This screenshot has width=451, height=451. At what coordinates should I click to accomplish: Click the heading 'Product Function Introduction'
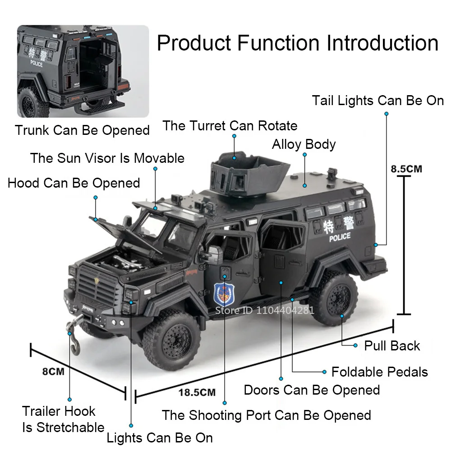pos(297,43)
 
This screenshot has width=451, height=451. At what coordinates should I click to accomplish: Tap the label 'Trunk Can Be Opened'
pos(82,130)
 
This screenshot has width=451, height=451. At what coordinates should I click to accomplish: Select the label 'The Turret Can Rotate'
pos(230,125)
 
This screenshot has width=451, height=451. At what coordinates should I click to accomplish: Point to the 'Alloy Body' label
pos(304,144)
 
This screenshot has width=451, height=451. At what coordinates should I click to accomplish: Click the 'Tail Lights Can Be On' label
pos(378,101)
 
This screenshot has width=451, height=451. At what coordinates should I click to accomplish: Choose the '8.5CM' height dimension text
pos(406,169)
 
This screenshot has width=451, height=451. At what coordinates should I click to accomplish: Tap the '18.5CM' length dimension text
pos(197,392)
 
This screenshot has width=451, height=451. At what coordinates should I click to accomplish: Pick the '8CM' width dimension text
pos(53,372)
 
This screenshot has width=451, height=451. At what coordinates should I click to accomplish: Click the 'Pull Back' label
pos(392,346)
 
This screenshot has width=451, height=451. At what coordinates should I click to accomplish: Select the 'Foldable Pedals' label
pos(379,372)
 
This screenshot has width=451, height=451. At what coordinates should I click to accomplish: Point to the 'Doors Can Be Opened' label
pos(312,390)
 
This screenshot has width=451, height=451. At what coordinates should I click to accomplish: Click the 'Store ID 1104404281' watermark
pos(264,310)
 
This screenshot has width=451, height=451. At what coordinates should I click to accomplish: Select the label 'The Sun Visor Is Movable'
pos(107,158)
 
